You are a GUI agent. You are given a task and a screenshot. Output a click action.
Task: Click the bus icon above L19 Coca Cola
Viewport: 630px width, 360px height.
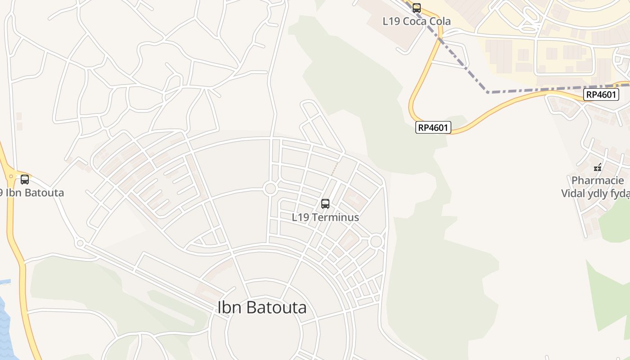pyautogui.click(x=417, y=8)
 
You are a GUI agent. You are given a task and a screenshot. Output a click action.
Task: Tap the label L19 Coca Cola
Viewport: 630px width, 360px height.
pyautogui.click(x=416, y=21)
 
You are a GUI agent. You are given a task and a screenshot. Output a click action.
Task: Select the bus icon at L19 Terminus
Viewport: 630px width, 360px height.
pyautogui.click(x=325, y=204)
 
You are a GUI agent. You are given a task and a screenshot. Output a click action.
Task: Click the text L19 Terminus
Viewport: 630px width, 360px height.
pyautogui.click(x=325, y=217)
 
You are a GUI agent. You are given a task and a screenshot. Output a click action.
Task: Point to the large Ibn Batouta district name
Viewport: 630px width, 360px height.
pyautogui.click(x=262, y=307)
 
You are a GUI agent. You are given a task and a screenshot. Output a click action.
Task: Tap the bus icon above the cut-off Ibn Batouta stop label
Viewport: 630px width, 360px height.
pyautogui.click(x=25, y=180)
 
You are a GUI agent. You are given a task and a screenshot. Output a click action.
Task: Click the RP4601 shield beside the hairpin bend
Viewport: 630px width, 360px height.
pyautogui.click(x=433, y=127)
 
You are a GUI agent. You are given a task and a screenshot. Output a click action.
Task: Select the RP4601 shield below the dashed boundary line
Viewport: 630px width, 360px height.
pyautogui.click(x=602, y=94)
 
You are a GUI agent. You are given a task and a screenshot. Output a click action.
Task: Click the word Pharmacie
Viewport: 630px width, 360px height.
pyautogui.click(x=598, y=180)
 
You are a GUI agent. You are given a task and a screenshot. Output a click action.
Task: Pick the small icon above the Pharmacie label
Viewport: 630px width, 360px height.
pyautogui.click(x=598, y=167)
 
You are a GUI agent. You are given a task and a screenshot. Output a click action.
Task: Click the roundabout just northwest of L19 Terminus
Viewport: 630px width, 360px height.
pyautogui.click(x=270, y=189)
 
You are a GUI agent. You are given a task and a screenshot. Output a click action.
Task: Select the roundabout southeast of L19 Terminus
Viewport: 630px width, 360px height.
pyautogui.click(x=376, y=242)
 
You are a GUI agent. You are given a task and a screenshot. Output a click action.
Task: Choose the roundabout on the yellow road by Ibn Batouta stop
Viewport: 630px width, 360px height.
pyautogui.click(x=10, y=177)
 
